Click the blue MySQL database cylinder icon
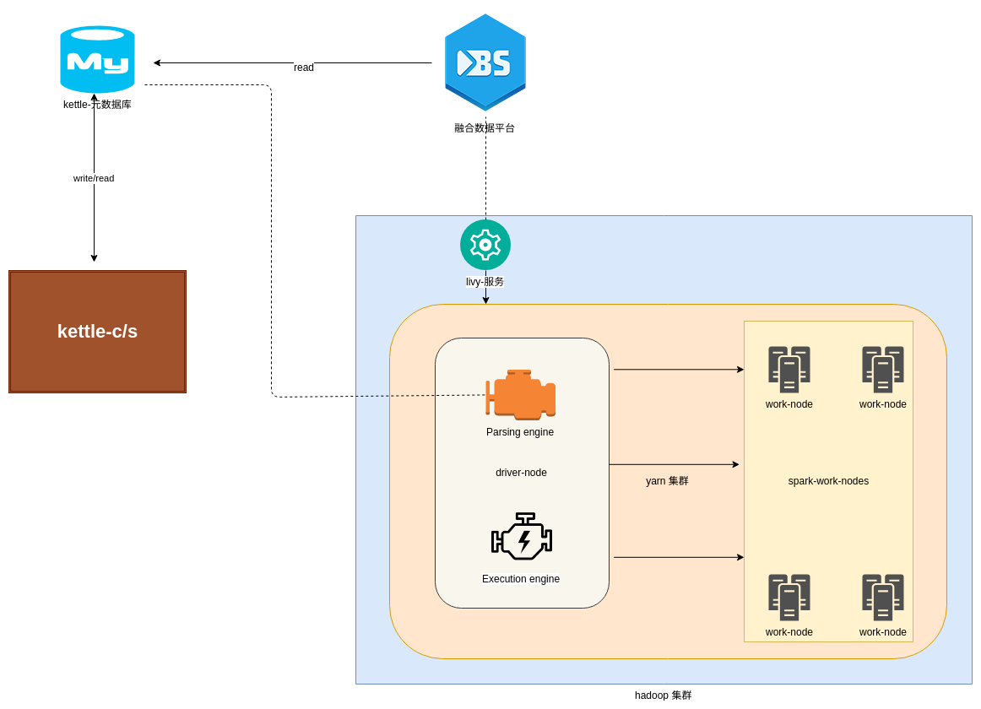point(97,59)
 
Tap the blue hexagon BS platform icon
point(485,62)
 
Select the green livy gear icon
point(485,245)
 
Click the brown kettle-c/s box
point(97,332)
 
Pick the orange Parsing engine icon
point(520,394)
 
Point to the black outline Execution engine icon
point(522,536)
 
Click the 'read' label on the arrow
point(304,68)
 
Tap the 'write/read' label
point(94,178)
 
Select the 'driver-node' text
point(521,473)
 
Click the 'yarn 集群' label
point(667,481)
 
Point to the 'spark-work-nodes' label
point(828,481)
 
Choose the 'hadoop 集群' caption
point(663,695)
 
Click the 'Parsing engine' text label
point(520,432)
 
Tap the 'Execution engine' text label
point(521,579)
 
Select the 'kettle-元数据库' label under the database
point(97,105)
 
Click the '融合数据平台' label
point(485,128)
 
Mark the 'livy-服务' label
point(485,282)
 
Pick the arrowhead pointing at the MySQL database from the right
point(157,62)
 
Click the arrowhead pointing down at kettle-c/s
point(94,257)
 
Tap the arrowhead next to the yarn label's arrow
point(735,464)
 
